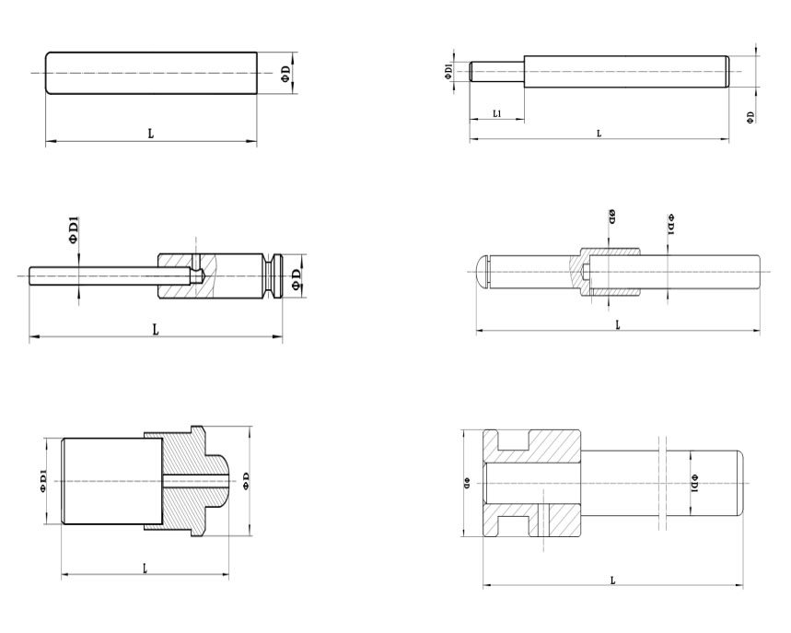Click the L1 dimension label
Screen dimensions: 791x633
pyautogui.click(x=497, y=113)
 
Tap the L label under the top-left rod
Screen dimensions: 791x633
pyautogui.click(x=150, y=134)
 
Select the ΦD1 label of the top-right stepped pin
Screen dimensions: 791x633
pyautogui.click(x=448, y=71)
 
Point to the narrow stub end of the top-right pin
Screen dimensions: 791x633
pyautogui.click(x=497, y=72)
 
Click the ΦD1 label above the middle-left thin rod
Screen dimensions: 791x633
pyautogui.click(x=75, y=230)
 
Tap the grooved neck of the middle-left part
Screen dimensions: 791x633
pyautogui.click(x=273, y=275)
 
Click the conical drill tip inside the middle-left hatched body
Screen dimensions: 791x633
pyautogui.click(x=201, y=275)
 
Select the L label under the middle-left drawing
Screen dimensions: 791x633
pyautogui.click(x=156, y=330)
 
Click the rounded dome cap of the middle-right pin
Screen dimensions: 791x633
pyautogui.click(x=483, y=273)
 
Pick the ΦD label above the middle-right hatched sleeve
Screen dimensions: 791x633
pyautogui.click(x=612, y=216)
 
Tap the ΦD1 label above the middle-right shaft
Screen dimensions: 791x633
pyautogui.click(x=671, y=225)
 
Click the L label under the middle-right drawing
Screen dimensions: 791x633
pyautogui.click(x=618, y=324)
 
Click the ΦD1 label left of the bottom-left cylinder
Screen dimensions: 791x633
pyautogui.click(x=43, y=480)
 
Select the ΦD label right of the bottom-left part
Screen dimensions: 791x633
pyautogui.click(x=246, y=481)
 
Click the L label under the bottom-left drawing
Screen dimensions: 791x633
pyautogui.click(x=145, y=569)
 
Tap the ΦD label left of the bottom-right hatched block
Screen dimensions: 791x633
pyautogui.click(x=467, y=483)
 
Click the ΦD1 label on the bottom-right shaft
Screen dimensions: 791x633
pyautogui.click(x=695, y=483)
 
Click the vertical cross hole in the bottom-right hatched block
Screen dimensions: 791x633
pyautogui.click(x=543, y=520)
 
